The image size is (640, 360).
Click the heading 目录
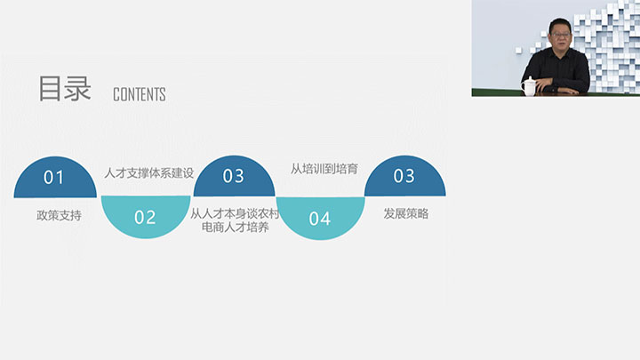[x=65, y=88]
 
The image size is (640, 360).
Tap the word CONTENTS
[x=140, y=94]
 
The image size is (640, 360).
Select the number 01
[x=54, y=178]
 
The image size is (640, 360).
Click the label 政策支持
[x=60, y=215]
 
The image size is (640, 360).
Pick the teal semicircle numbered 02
[x=146, y=216]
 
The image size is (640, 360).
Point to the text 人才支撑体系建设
[x=149, y=172]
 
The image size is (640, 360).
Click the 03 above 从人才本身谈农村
[x=234, y=176]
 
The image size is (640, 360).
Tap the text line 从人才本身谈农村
[x=235, y=213]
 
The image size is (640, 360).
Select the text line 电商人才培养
[x=236, y=227]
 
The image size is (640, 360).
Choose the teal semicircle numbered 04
[x=320, y=218]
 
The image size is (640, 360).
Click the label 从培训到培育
[x=324, y=169]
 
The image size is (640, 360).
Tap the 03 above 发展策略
[x=404, y=176]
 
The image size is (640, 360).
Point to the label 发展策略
[x=406, y=213]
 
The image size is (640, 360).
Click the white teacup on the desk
[x=530, y=86]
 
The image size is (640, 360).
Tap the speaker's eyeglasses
[x=560, y=35]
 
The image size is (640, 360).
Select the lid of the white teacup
[x=530, y=79]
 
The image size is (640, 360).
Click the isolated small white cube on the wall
[x=519, y=50]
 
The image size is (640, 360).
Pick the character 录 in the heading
[x=78, y=88]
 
